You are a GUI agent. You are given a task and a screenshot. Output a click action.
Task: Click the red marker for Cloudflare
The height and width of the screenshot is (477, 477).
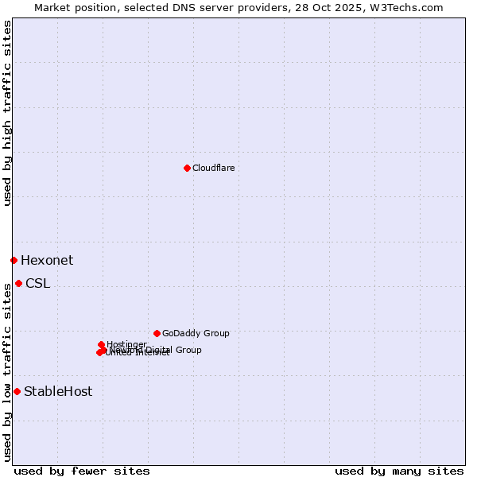[187, 168]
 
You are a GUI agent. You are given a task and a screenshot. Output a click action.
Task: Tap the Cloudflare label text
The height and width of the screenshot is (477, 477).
[213, 168]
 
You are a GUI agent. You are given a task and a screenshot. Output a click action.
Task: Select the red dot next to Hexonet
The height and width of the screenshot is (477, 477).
[14, 260]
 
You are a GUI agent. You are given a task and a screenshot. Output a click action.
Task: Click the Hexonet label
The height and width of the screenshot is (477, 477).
[47, 260]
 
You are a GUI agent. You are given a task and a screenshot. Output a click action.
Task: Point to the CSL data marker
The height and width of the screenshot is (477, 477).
[18, 283]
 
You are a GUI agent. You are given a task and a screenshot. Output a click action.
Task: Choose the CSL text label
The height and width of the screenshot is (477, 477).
[37, 283]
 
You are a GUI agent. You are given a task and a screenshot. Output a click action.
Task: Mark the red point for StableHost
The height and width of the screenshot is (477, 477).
[17, 391]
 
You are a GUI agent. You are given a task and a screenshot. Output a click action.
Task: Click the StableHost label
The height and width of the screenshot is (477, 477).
[58, 391]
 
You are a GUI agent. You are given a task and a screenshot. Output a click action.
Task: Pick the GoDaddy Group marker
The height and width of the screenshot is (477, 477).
[157, 333]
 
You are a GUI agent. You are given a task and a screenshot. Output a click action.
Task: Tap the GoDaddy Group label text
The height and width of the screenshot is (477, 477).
[196, 333]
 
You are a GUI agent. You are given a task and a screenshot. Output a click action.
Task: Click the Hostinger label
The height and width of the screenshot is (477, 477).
[126, 344]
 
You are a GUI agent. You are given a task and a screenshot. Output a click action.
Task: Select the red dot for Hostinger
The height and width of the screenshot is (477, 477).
[101, 344]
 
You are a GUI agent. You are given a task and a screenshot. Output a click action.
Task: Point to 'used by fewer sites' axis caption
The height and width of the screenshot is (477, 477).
[82, 471]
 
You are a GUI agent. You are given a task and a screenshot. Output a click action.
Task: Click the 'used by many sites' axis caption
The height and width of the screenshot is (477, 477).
[399, 471]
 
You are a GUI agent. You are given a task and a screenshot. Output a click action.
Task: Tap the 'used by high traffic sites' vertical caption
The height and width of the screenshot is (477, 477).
[7, 113]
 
